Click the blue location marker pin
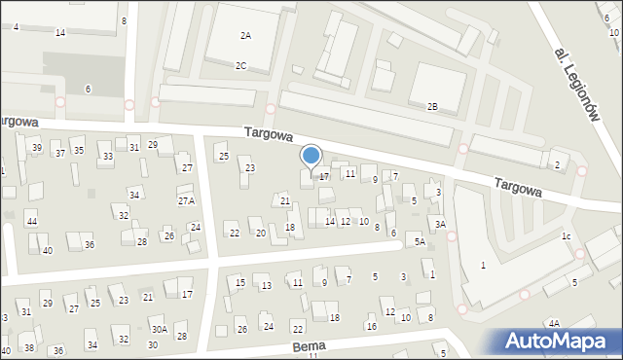point(311,156)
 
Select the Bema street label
point(307,346)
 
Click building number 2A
point(245,35)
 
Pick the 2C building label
point(240,65)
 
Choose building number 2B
point(432,106)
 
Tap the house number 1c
point(566,236)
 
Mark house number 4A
point(554,323)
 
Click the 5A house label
point(421,241)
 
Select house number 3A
point(440,225)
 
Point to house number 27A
point(186,200)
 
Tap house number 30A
point(159,330)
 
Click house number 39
point(37,147)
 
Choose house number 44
point(32,223)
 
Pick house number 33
point(108,157)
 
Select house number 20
point(260,234)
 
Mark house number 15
point(240,282)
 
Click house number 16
point(371,326)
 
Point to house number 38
point(29,347)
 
